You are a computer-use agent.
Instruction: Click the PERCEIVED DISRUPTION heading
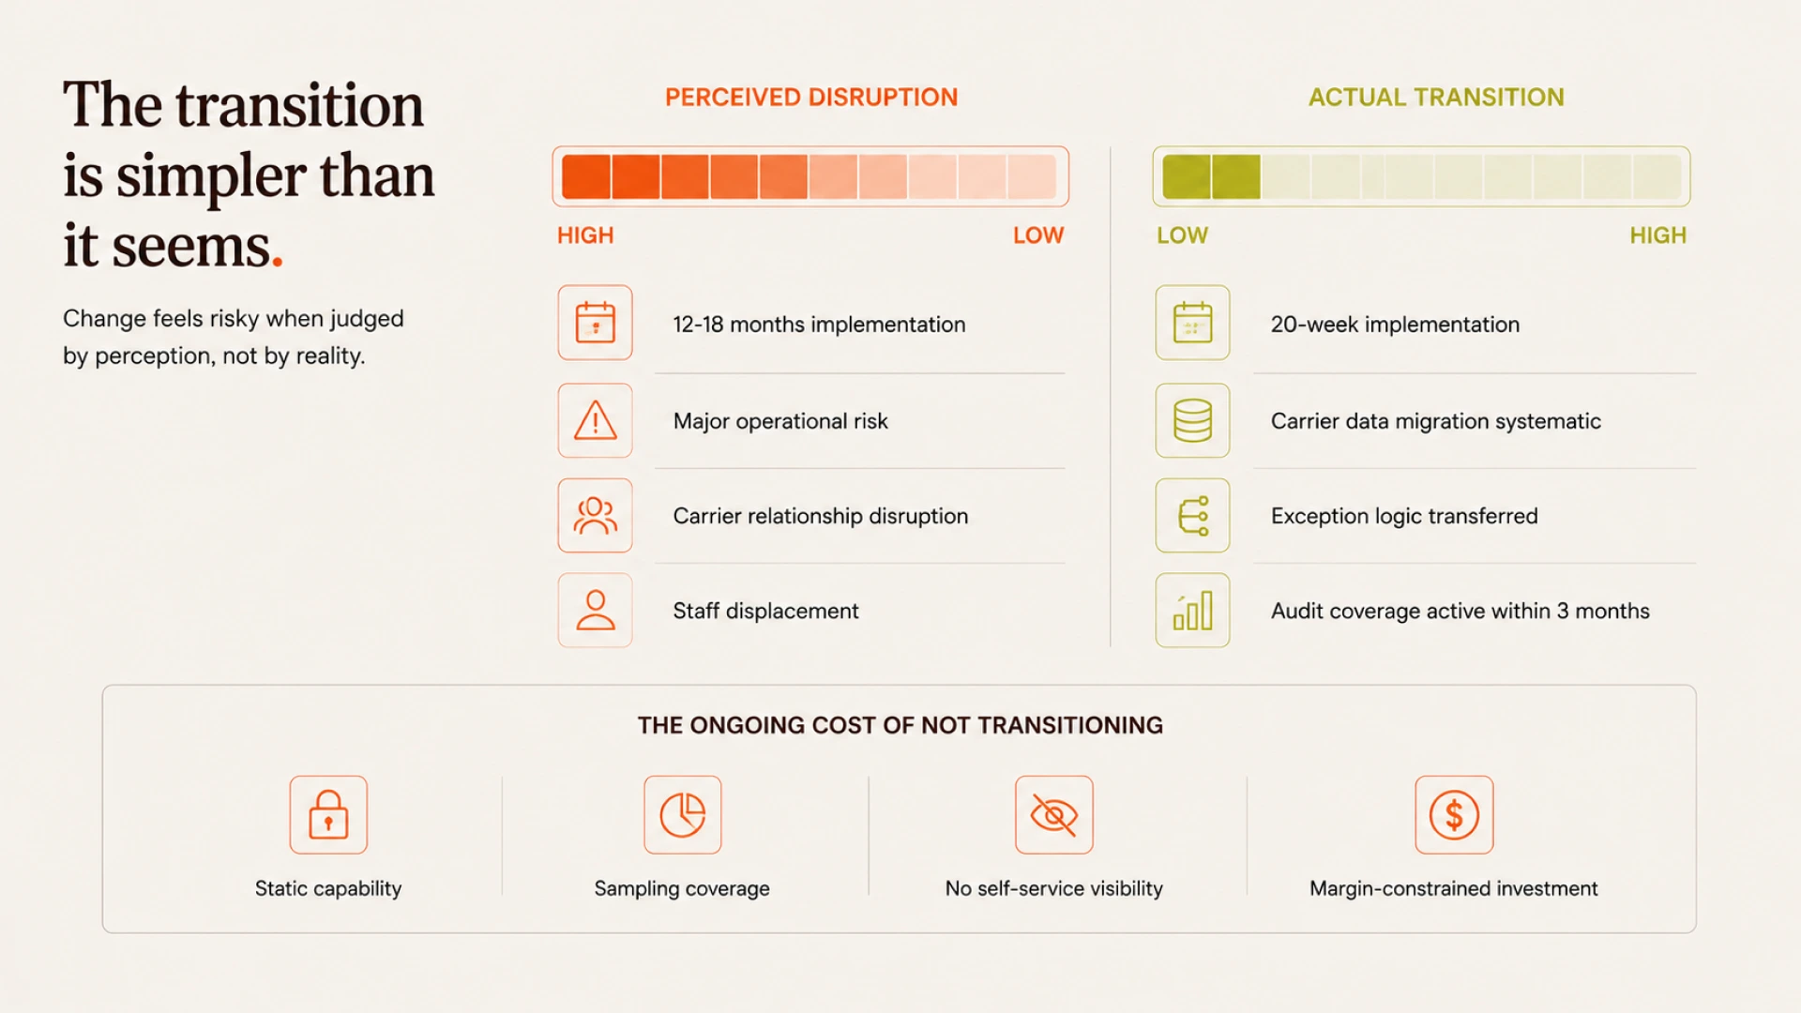tap(811, 98)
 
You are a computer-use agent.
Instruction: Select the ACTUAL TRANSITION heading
tap(1436, 98)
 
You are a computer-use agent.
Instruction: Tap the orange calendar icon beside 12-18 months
tap(596, 323)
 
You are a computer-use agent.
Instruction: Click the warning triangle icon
tap(596, 420)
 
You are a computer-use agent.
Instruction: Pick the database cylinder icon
tap(1192, 420)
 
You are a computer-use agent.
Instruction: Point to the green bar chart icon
tap(1192, 611)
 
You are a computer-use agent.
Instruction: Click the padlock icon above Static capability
tap(328, 814)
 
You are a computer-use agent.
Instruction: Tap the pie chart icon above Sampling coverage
tap(683, 814)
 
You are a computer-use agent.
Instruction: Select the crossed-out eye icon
tap(1054, 814)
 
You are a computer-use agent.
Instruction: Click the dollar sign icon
tap(1454, 814)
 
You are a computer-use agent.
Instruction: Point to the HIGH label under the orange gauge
tap(585, 235)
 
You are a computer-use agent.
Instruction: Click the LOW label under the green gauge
tap(1182, 235)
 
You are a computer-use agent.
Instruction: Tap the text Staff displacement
tap(765, 611)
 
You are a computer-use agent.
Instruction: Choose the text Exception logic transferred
tap(1404, 516)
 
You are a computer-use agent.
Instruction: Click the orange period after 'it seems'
tap(278, 263)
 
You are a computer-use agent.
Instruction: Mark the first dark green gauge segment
tap(1187, 176)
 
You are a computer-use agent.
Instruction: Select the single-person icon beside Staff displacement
tap(596, 611)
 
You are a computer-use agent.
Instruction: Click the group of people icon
tap(596, 515)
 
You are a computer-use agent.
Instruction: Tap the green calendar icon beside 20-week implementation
tap(1192, 323)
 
